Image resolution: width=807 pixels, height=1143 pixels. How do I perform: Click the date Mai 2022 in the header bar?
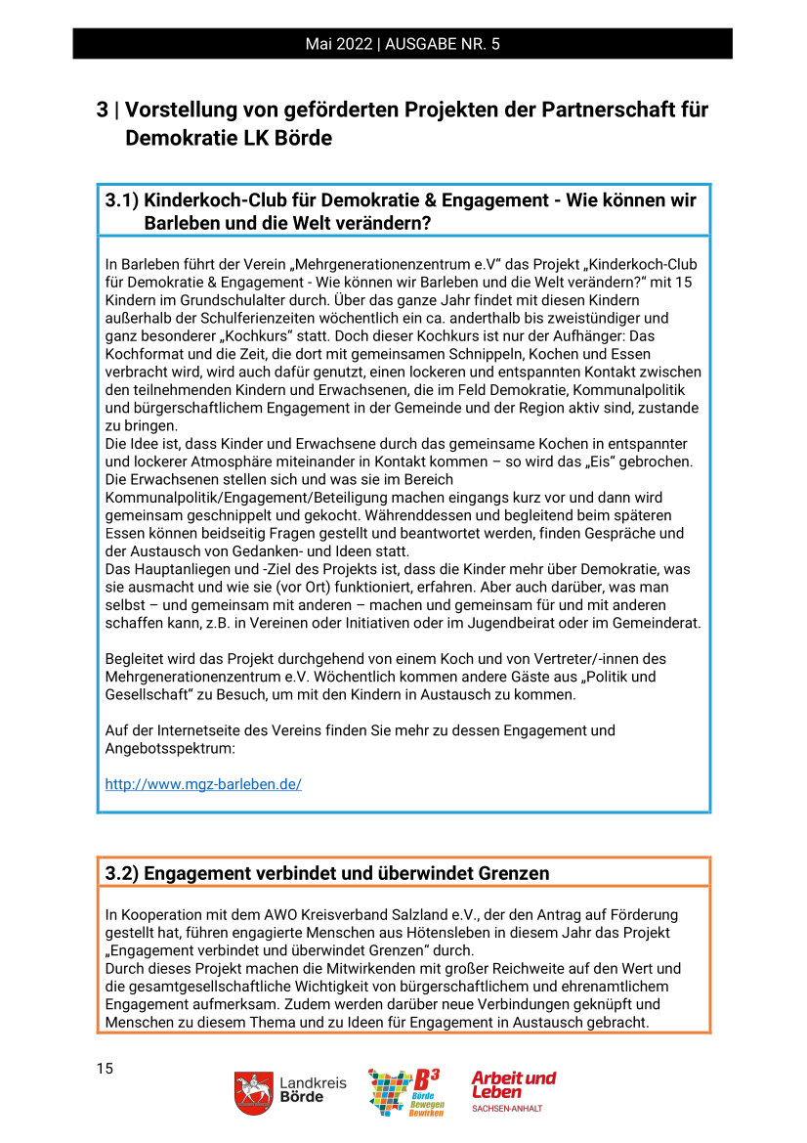341,44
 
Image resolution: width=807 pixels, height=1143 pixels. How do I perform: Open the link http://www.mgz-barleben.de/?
203,784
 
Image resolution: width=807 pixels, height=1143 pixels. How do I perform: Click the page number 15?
105,1069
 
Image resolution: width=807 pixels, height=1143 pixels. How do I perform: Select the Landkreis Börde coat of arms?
252,1091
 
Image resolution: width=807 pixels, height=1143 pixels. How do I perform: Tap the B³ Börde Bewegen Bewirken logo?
405,1092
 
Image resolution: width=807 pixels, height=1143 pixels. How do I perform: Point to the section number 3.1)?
123,201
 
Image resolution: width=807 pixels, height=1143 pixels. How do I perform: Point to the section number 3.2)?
123,873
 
